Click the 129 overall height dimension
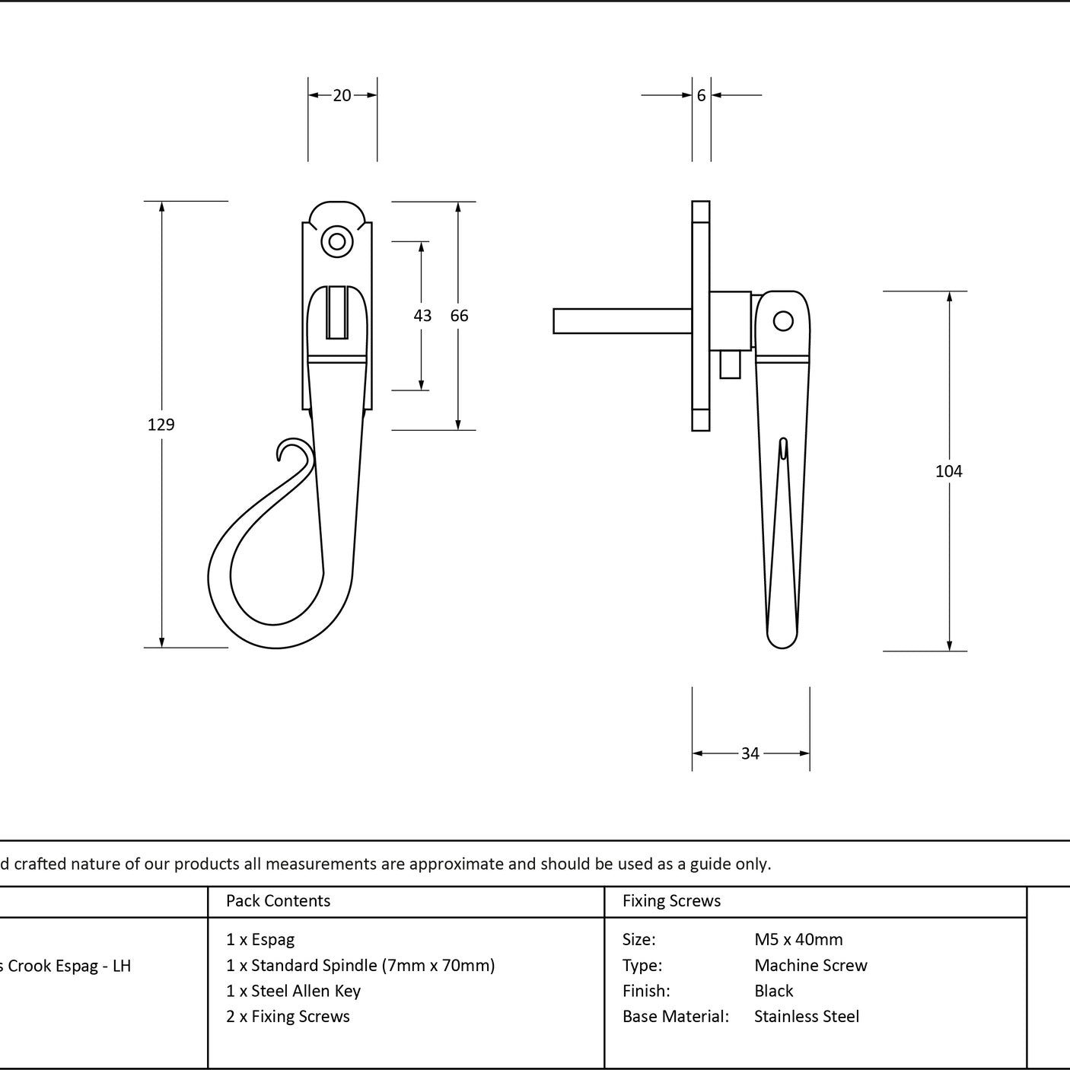161,425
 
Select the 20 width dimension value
342,95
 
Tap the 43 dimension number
422,316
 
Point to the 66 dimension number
459,316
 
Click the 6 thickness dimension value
702,95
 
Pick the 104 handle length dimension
948,471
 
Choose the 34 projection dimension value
750,753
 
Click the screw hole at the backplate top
337,241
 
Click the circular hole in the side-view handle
783,321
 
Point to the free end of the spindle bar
554,321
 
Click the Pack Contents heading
278,900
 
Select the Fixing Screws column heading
671,900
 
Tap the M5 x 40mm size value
798,940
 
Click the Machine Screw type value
810,966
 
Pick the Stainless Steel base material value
806,1017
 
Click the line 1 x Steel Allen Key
293,991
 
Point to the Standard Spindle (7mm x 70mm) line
361,966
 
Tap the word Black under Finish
773,991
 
